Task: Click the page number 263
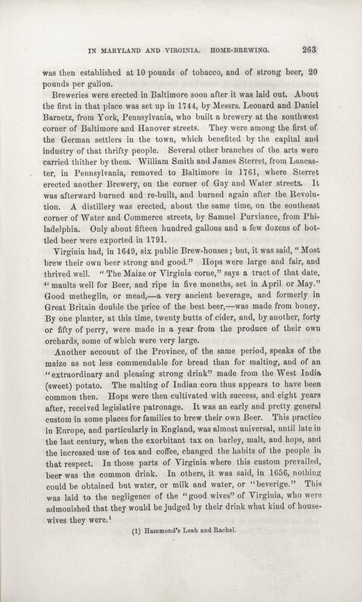[x=308, y=49]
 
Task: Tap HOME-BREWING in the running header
[x=239, y=50]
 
